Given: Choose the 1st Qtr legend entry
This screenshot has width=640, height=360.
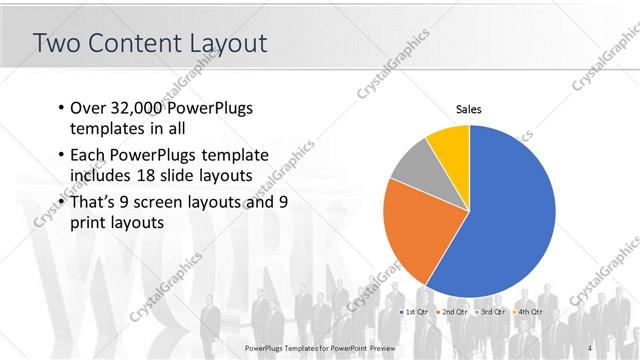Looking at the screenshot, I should (414, 313).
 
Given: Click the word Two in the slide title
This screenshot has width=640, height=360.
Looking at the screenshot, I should (56, 43).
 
